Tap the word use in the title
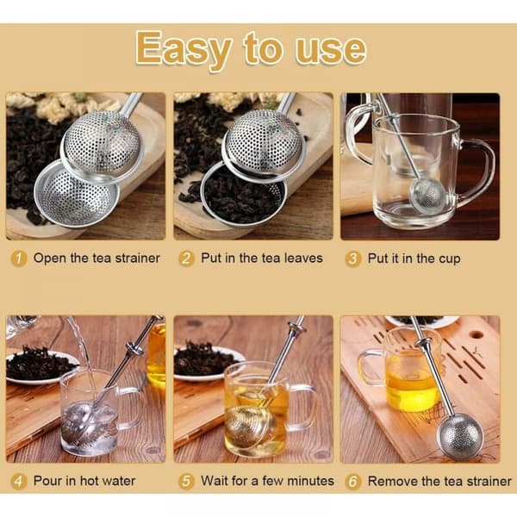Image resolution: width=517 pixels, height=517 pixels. coord(330,50)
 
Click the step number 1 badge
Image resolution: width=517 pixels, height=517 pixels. coord(18,258)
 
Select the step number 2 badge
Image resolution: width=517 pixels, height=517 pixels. coord(186,258)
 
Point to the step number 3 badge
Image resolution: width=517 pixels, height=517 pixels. coord(352,259)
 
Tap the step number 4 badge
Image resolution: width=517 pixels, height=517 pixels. coord(18,482)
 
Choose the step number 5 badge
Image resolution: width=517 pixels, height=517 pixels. coord(186,482)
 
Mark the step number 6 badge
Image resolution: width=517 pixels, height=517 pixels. coord(352,482)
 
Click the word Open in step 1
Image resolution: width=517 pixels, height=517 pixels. coord(50,259)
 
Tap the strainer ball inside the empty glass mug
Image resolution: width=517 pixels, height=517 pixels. coord(427,196)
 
